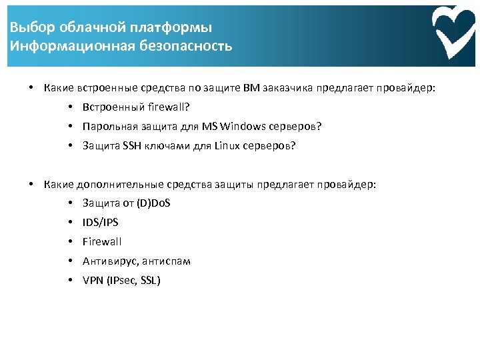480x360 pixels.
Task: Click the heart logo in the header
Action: (x=453, y=33)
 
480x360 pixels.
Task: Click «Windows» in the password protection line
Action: (x=242, y=126)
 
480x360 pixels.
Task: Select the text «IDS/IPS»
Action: (x=100, y=222)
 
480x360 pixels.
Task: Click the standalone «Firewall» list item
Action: (x=102, y=241)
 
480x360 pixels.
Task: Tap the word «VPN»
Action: (x=92, y=280)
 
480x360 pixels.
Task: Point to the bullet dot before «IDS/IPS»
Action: (x=70, y=222)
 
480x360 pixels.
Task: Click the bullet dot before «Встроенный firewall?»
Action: (x=70, y=107)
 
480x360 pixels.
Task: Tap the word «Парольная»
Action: (x=107, y=126)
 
